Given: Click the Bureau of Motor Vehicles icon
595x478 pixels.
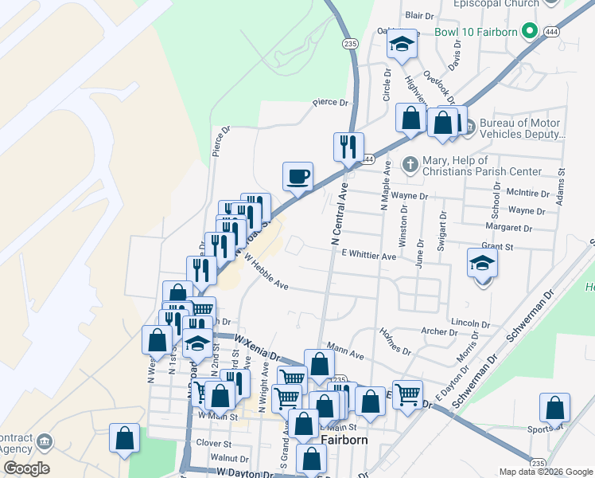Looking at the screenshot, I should click(468, 125).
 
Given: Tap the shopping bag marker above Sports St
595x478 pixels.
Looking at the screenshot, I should click(554, 408).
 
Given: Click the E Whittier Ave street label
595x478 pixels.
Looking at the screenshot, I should click(368, 257).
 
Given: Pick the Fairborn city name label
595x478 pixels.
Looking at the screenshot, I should click(342, 439).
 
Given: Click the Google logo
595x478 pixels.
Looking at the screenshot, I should click(26, 468).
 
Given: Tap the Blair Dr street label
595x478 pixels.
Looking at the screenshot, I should click(419, 15).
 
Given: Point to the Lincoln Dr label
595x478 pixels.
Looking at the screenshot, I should click(469, 324).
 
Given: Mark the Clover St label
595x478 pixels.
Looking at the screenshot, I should click(215, 443).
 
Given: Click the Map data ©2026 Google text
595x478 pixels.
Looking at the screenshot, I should click(545, 472).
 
